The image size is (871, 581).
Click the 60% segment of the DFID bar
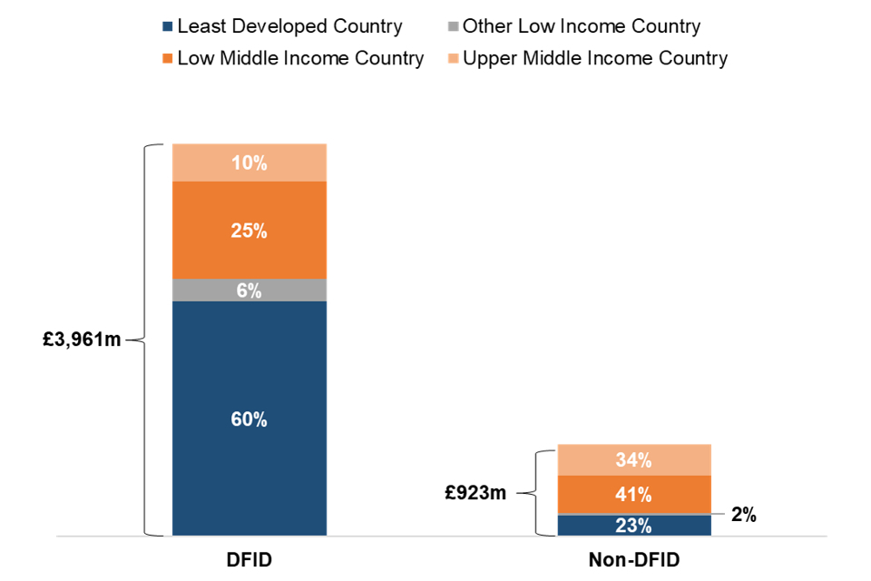click(x=250, y=419)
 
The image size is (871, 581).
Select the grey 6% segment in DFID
click(x=250, y=290)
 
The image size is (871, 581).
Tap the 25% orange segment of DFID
click(x=250, y=231)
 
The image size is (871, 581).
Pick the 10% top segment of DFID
click(x=250, y=163)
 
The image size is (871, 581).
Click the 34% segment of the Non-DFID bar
click(x=633, y=460)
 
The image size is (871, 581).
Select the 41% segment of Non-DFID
click(x=633, y=495)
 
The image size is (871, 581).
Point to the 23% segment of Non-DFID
click(x=633, y=526)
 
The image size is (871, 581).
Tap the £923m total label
click(x=476, y=493)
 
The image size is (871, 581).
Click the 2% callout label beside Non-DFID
click(x=743, y=516)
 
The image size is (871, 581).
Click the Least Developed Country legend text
click(x=289, y=26)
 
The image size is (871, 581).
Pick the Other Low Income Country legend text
click(x=582, y=26)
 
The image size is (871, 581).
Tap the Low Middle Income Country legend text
click(x=300, y=59)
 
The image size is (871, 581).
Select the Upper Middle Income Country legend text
click(x=595, y=59)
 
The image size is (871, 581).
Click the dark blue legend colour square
click(x=167, y=27)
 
